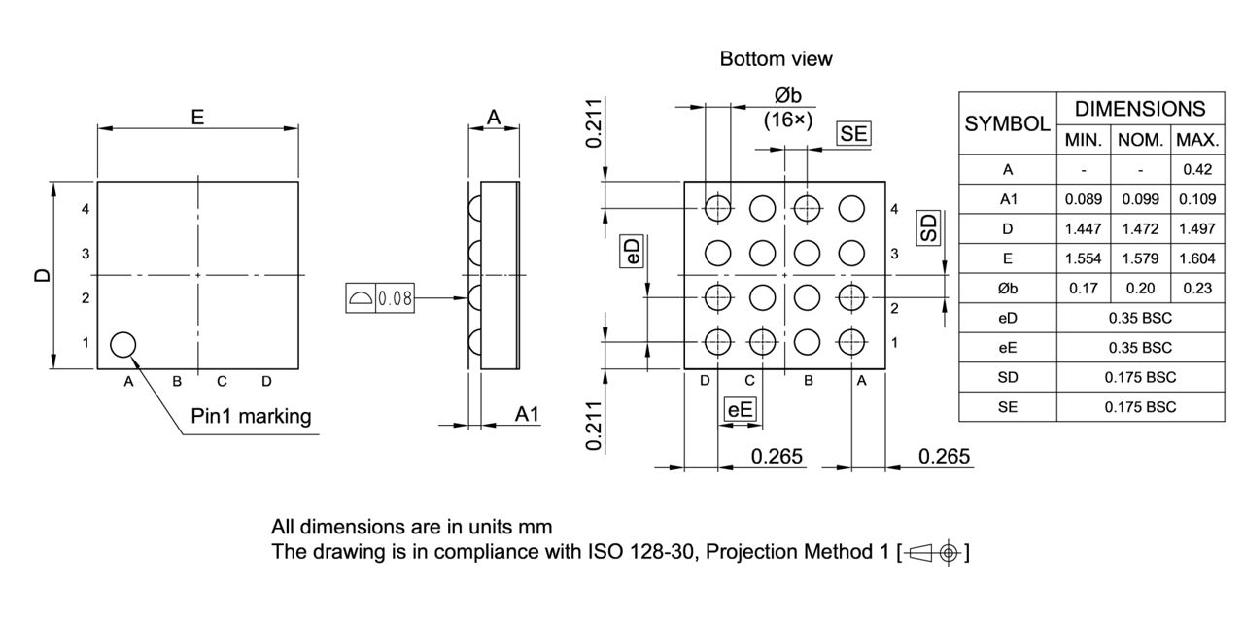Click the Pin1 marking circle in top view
(122, 344)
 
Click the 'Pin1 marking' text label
(251, 417)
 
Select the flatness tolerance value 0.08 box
(396, 299)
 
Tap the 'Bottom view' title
(776, 59)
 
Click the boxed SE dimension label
(853, 134)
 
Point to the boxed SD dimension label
(930, 228)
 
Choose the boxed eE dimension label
(741, 410)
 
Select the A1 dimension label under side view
(526, 415)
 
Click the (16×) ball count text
(787, 120)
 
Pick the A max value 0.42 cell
(1197, 170)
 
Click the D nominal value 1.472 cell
(1141, 229)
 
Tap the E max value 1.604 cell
(1197, 259)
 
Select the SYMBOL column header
(1007, 124)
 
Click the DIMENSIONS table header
(1139, 109)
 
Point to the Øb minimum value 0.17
(1083, 289)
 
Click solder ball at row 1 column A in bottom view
(851, 342)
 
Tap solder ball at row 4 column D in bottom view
(718, 207)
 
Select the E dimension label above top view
(197, 118)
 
